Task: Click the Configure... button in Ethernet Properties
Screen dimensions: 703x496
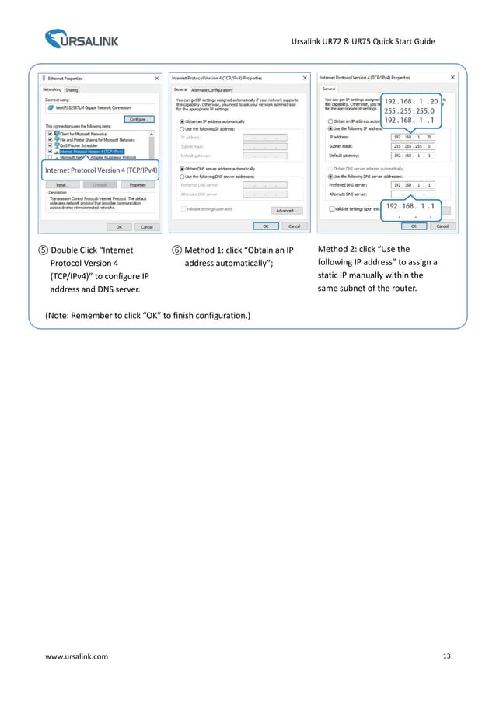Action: (140, 119)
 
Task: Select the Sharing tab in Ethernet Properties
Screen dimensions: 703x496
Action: (71, 89)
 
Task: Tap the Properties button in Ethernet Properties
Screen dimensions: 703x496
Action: (138, 184)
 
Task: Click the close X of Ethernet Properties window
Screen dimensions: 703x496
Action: (157, 79)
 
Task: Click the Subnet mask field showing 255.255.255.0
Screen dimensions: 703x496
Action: (413, 145)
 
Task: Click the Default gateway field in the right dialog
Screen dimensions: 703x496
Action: (413, 155)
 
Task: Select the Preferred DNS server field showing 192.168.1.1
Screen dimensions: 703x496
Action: (413, 185)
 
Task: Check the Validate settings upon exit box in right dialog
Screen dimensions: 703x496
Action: (331, 209)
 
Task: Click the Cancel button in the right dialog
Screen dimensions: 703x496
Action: (442, 226)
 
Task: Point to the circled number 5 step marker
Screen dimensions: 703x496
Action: (44, 250)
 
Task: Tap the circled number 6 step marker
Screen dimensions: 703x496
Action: (177, 250)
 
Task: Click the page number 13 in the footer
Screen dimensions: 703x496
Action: (445, 656)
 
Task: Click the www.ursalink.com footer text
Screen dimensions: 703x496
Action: (77, 657)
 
